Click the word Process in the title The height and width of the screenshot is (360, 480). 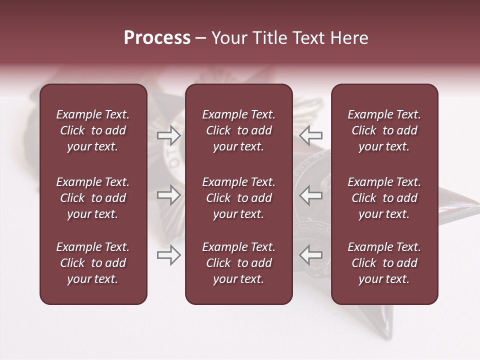[157, 38]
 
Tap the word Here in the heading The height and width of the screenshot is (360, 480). [350, 38]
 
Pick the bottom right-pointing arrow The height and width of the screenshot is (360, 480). [169, 255]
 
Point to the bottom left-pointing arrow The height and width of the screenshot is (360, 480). [311, 255]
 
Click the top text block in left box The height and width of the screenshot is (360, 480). [93, 130]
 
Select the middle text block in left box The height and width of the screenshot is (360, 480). [93, 198]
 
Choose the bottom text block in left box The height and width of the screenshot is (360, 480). [93, 263]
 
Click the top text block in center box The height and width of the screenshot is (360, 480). [239, 130]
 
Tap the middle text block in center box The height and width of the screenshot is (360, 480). [239, 198]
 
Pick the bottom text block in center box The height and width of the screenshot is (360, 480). [239, 263]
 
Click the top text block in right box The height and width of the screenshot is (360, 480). [384, 130]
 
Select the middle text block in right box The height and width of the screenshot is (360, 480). [384, 198]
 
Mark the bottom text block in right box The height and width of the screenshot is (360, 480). [384, 263]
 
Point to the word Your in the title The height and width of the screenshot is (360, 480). [229, 38]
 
